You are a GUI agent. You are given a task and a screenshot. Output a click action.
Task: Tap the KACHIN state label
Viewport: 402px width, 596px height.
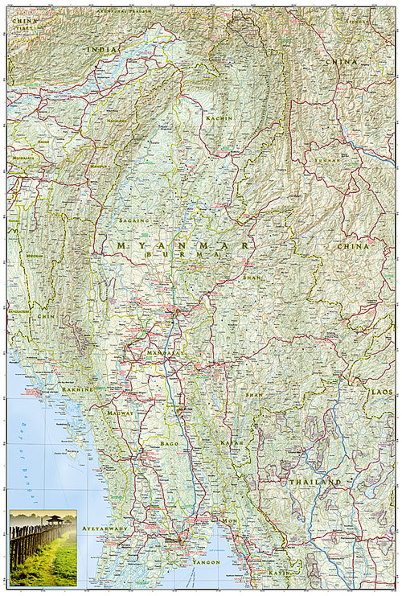tap(219, 118)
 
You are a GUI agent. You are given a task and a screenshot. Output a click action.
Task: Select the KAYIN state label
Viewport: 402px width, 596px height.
tap(278, 572)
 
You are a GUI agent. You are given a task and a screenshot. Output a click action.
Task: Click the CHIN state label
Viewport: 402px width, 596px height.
tap(44, 317)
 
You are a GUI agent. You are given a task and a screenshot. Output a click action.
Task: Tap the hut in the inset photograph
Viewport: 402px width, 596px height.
tap(55, 521)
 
